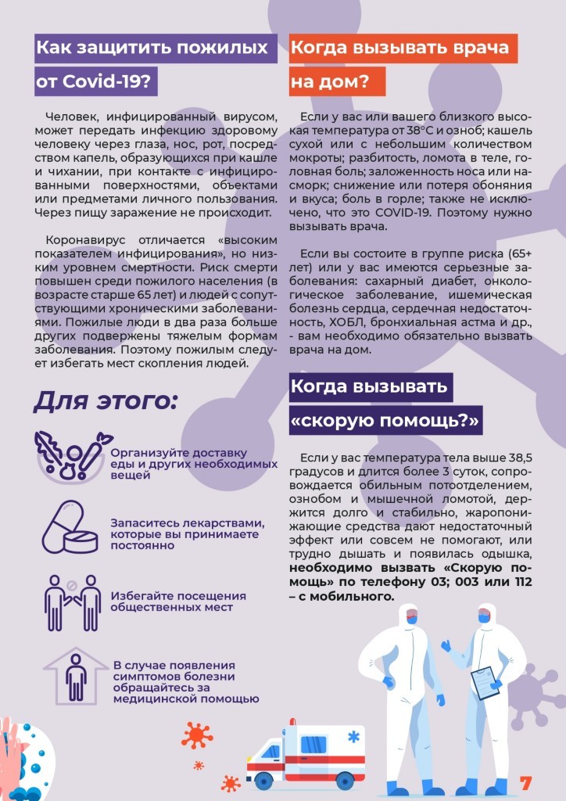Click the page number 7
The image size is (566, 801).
point(526,782)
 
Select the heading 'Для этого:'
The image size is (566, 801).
point(106,401)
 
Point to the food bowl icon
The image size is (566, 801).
point(71,457)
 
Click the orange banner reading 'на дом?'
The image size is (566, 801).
point(337,81)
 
